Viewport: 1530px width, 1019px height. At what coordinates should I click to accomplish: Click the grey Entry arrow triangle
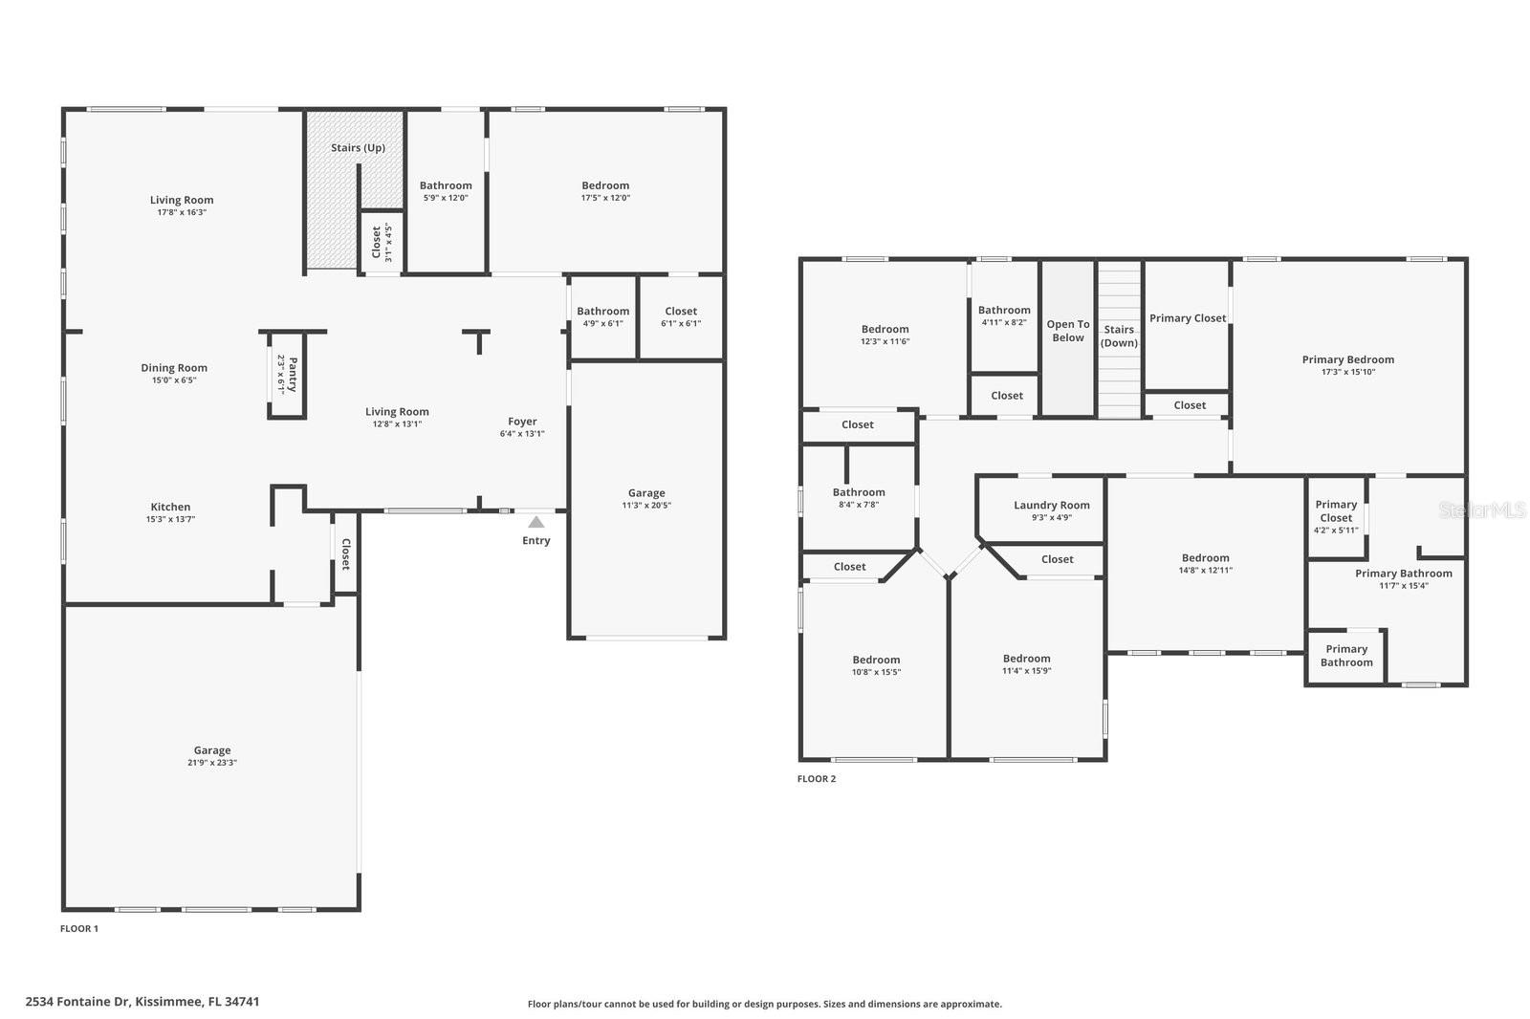click(x=536, y=522)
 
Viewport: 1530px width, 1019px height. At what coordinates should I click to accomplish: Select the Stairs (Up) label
click(x=358, y=148)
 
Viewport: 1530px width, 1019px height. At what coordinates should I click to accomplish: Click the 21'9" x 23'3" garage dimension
click(x=212, y=763)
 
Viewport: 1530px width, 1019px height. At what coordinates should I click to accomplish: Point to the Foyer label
click(x=522, y=422)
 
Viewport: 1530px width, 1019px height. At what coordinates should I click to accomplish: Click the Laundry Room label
click(x=1052, y=506)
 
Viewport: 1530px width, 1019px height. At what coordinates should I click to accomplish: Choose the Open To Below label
click(x=1068, y=331)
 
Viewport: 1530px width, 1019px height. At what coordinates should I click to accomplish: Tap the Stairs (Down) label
click(x=1119, y=336)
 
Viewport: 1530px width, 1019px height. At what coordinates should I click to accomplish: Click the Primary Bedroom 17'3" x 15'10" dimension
click(x=1348, y=372)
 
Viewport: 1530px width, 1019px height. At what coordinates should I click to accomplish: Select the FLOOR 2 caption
click(x=817, y=779)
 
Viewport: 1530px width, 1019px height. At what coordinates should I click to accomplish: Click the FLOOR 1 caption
click(x=79, y=929)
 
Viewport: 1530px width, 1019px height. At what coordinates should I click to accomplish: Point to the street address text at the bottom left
click(x=142, y=1002)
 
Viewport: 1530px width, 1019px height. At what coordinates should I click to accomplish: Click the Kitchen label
click(x=170, y=508)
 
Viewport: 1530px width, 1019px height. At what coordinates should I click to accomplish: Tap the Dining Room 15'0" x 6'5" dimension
click(x=173, y=380)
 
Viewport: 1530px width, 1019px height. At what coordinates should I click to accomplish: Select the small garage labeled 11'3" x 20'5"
click(x=646, y=499)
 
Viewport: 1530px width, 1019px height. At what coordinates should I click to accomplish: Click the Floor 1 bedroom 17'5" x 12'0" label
click(x=605, y=186)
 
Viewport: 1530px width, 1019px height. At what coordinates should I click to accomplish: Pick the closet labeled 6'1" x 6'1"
click(x=681, y=316)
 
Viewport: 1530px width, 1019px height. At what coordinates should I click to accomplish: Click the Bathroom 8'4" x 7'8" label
click(x=859, y=493)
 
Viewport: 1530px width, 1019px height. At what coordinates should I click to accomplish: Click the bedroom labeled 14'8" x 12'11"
click(x=1205, y=563)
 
